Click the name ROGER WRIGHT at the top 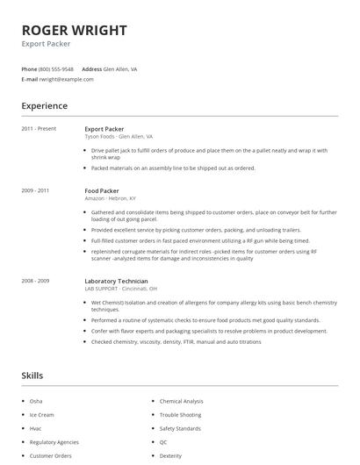(x=75, y=30)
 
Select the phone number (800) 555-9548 (x=57, y=68)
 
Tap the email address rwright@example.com (x=66, y=79)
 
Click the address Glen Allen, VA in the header (x=120, y=68)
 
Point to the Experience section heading (x=45, y=106)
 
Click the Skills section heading (x=32, y=376)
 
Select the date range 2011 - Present (x=39, y=129)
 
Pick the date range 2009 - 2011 (x=35, y=190)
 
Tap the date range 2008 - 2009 (x=35, y=281)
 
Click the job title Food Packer (x=102, y=190)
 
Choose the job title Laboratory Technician (x=116, y=281)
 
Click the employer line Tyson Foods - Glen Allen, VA (x=119, y=137)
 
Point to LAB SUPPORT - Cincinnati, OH (x=121, y=289)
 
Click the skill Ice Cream (x=42, y=414)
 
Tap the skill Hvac (x=36, y=428)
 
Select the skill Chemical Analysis (x=181, y=401)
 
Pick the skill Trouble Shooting (x=180, y=414)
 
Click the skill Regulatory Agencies (x=54, y=442)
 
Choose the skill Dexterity (x=170, y=455)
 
